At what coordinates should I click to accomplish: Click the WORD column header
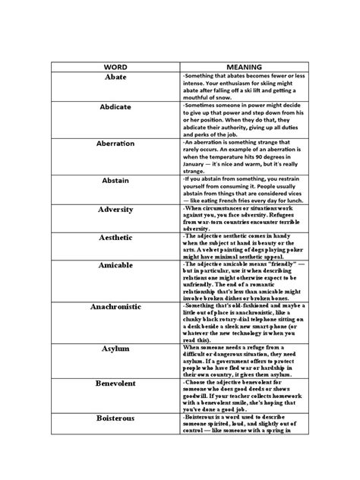click(115, 67)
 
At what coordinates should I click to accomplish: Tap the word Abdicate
click(115, 107)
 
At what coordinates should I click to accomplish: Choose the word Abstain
click(115, 181)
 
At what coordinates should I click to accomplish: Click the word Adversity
click(115, 208)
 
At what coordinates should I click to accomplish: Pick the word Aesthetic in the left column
click(115, 238)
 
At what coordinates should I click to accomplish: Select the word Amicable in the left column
click(115, 267)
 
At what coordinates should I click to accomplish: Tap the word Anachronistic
click(115, 308)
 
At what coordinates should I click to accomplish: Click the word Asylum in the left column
click(115, 348)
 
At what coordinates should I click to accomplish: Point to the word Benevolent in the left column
click(115, 384)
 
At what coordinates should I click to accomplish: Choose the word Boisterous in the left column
click(115, 418)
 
